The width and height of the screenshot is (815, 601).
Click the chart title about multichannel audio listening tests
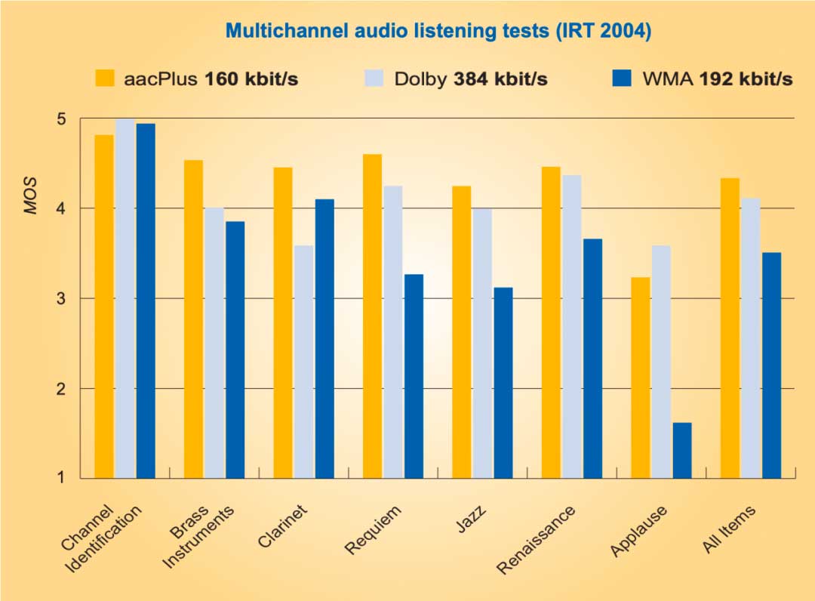[x=438, y=31]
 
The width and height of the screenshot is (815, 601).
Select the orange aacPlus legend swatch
[x=104, y=79]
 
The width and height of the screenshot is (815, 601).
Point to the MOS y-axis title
[x=31, y=197]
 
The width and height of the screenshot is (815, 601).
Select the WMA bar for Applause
[x=681, y=450]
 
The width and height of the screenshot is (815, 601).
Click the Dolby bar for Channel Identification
[x=125, y=298]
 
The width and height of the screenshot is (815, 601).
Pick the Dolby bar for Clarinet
[x=303, y=362]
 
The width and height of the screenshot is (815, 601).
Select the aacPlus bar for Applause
[x=641, y=378]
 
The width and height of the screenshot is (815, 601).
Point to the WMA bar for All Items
[x=771, y=365]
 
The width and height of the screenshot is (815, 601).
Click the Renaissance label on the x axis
[x=537, y=538]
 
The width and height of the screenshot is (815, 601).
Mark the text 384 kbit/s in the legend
[x=500, y=79]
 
